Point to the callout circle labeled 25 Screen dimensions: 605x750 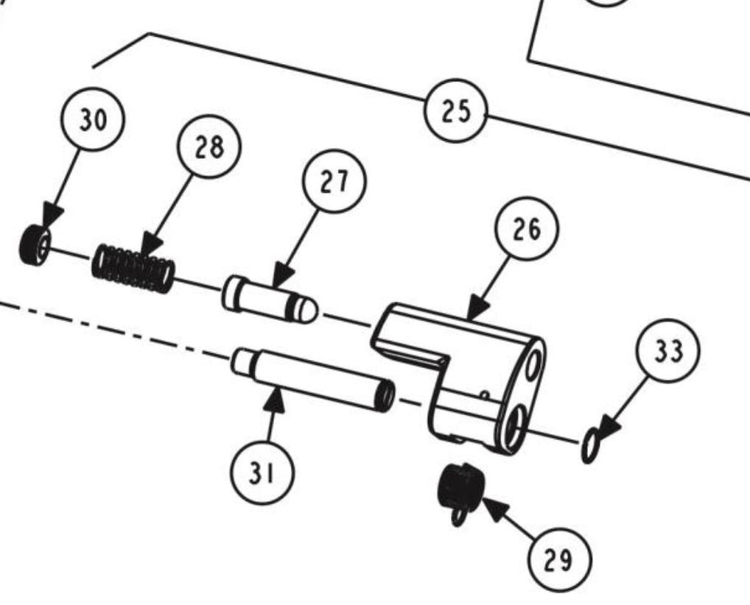tap(457, 110)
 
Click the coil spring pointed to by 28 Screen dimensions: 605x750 tap(133, 267)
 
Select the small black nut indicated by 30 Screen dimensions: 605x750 tap(34, 244)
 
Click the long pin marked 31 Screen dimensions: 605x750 tap(313, 379)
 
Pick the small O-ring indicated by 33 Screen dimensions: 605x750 tap(590, 445)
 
